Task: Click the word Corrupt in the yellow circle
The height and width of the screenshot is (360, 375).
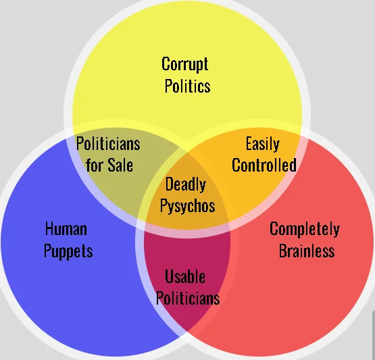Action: (x=185, y=64)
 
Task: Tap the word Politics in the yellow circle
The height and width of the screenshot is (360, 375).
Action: (x=188, y=86)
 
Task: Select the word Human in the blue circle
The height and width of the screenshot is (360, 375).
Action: (x=66, y=228)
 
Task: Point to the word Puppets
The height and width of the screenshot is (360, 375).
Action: (x=68, y=251)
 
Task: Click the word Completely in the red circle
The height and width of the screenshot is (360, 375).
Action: (x=305, y=229)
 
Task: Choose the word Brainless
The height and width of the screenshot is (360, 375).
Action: (x=307, y=251)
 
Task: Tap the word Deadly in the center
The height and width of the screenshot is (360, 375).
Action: (x=186, y=185)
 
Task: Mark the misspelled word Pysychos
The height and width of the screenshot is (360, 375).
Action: (x=188, y=206)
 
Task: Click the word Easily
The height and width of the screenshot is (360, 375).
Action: (x=263, y=144)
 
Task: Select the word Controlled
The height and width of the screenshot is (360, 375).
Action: (x=264, y=165)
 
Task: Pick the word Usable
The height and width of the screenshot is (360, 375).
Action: (x=185, y=277)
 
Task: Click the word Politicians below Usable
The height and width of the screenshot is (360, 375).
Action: (x=188, y=298)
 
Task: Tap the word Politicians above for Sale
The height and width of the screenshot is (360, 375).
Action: (x=108, y=143)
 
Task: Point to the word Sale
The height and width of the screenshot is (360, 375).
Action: (x=120, y=165)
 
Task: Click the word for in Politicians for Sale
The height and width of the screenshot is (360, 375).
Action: (x=95, y=165)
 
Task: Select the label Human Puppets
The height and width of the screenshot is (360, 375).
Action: (x=68, y=240)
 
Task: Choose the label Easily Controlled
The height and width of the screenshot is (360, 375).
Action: (x=264, y=154)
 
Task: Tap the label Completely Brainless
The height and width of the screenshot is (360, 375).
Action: (x=305, y=240)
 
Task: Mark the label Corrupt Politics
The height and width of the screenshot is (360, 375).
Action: (x=186, y=75)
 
